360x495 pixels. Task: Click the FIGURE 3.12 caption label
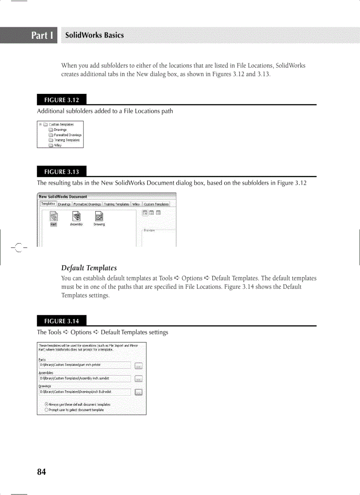pos(61,100)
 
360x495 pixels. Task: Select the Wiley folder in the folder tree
pos(58,145)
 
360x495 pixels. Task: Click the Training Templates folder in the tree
pos(66,140)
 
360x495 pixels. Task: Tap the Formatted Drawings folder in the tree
pos(67,135)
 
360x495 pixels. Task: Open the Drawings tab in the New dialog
pos(64,204)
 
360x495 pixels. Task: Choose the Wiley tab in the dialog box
pos(136,204)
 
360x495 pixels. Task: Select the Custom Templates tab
pos(156,204)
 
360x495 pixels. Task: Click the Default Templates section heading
pos(89,268)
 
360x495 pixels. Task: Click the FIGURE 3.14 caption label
pos(61,321)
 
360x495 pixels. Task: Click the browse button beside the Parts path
pos(138,365)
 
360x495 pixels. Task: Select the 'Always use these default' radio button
pos(47,404)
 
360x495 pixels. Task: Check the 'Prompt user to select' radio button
pos(47,409)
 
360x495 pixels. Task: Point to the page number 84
pos(41,472)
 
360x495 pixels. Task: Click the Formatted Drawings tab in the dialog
pos(87,204)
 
